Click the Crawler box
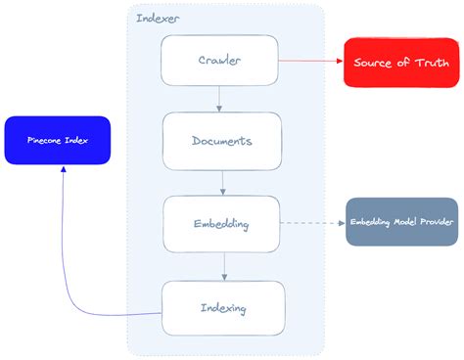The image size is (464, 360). pos(219,61)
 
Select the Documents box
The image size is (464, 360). pos(222,141)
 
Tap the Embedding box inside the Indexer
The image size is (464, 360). pos(221,224)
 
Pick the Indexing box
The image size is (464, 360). pos(222,308)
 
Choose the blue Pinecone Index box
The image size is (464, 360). pos(57,140)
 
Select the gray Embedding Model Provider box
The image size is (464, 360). pos(401,222)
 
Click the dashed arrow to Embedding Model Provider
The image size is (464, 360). pos(312,223)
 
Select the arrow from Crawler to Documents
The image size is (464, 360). pos(219,98)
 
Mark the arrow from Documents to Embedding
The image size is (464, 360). pos(223,182)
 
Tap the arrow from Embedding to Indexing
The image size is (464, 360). pos(225,266)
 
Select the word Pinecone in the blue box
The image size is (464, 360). pos(44,140)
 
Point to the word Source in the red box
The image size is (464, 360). pos(374,63)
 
